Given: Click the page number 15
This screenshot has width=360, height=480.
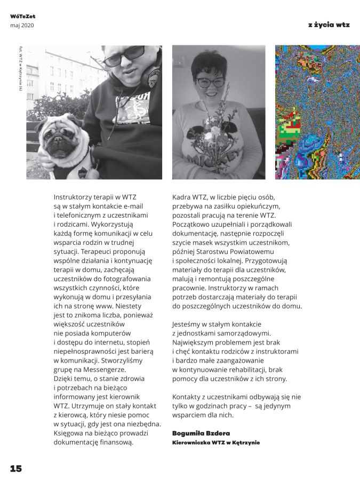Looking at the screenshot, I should point(15,468).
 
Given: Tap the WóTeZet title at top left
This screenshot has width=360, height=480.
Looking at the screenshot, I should point(22,17).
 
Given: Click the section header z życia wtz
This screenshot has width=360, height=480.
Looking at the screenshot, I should point(329,25).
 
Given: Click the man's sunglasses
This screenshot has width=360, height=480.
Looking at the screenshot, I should point(124,55).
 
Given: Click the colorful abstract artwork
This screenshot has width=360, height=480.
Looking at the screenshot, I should point(317,112).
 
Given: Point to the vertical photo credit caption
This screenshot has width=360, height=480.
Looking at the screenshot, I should point(20,75).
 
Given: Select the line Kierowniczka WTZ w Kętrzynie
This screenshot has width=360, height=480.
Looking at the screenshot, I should point(216,443).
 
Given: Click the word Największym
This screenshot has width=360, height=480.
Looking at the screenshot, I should point(197,342).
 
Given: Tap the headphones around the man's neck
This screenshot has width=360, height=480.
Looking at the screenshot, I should point(153,75).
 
